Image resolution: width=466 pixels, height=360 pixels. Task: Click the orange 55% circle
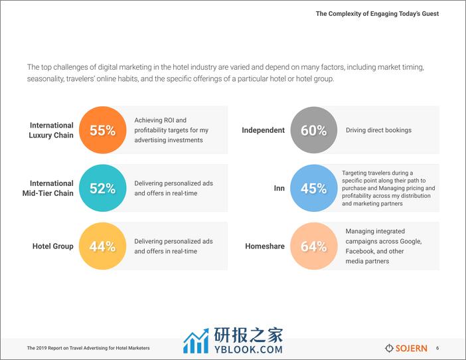(x=102, y=130)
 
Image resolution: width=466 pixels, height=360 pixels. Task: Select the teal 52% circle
(x=102, y=188)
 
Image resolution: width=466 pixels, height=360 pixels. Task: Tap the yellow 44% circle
(x=102, y=246)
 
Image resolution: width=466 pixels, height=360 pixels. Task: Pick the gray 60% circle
(x=314, y=130)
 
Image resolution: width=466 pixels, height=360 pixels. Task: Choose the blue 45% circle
(x=314, y=188)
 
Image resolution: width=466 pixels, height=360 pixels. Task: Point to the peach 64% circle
(x=314, y=246)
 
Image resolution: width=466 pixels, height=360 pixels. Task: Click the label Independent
(x=263, y=130)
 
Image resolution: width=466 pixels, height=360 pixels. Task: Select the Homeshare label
(x=265, y=246)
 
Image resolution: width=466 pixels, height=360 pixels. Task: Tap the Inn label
(x=279, y=188)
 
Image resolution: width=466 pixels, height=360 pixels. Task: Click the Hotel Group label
(x=53, y=246)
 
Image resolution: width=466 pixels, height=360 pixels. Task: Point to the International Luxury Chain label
(x=51, y=130)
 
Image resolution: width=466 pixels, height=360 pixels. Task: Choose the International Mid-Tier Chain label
(x=48, y=188)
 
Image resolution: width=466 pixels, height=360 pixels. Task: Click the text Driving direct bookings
(x=378, y=130)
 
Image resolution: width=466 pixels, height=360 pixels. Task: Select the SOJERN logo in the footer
(x=406, y=348)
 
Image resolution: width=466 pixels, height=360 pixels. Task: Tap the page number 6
(x=437, y=348)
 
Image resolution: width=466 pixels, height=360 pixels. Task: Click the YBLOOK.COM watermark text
(x=248, y=349)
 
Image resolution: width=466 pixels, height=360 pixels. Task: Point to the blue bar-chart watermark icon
(x=196, y=341)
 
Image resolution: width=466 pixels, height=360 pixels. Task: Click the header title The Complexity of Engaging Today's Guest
(x=378, y=14)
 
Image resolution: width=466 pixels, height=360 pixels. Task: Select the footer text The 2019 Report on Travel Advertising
(x=88, y=348)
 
